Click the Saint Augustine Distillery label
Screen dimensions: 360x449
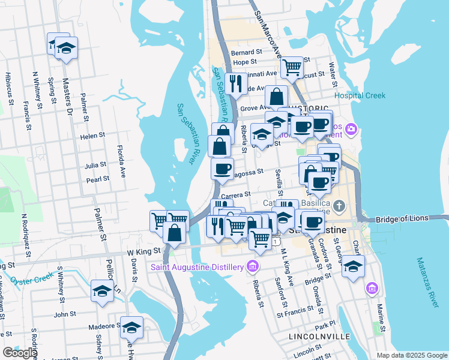tap(199, 267)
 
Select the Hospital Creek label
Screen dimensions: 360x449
tap(360, 95)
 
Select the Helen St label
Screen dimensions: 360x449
tap(92, 136)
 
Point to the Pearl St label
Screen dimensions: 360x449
tap(97, 179)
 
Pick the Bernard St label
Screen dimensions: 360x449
tap(251, 53)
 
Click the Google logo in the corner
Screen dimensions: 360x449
tap(20, 353)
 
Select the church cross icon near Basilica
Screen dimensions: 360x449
tap(339, 206)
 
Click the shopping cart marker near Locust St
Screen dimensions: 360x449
tap(292, 68)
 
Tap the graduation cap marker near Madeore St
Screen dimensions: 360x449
tap(131, 328)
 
